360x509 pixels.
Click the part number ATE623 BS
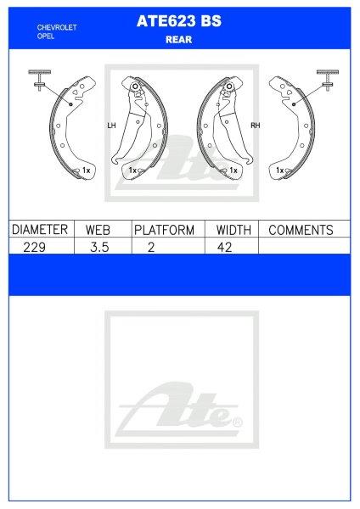[x=179, y=25]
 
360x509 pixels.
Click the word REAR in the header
[x=179, y=39]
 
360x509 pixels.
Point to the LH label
[x=111, y=126]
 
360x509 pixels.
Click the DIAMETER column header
[x=39, y=230]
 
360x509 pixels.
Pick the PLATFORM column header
[x=165, y=230]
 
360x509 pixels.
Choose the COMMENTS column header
[x=300, y=230]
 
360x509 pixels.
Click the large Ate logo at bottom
[x=180, y=407]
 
